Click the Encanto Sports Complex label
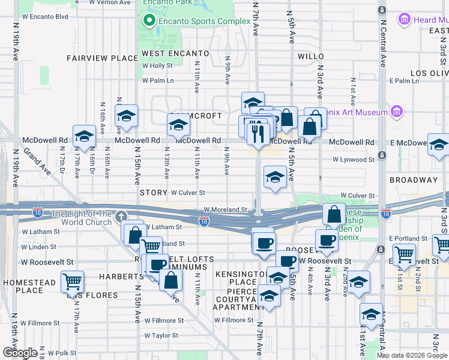[x=204, y=21]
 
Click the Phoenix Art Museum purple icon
[x=396, y=112]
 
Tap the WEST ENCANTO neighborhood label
[x=175, y=53]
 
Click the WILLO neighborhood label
[x=310, y=56]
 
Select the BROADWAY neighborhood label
[x=414, y=180]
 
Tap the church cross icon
[x=121, y=216]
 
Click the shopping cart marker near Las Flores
[x=72, y=281]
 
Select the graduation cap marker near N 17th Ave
[x=84, y=136]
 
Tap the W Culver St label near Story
[x=188, y=193]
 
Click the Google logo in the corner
[x=20, y=353]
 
